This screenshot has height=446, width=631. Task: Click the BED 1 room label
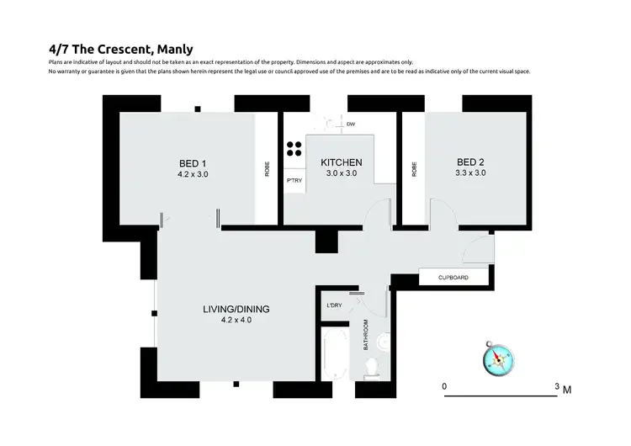(x=192, y=162)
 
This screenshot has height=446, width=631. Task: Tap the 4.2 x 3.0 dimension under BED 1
(x=192, y=174)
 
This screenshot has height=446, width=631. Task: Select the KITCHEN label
(x=341, y=162)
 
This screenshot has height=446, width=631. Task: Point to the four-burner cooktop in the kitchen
(x=294, y=150)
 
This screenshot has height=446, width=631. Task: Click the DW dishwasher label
(x=350, y=125)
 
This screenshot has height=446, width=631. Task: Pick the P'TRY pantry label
(x=294, y=181)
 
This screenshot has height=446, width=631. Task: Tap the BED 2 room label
(x=471, y=162)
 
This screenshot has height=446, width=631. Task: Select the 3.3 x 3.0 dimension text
(x=471, y=173)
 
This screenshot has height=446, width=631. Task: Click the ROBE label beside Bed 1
(x=268, y=168)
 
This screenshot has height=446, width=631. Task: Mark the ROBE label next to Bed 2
(x=414, y=168)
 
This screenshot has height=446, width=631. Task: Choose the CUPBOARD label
(x=454, y=278)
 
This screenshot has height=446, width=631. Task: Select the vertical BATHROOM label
(x=365, y=336)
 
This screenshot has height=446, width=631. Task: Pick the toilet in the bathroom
(x=371, y=365)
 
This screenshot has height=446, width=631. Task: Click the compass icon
(x=496, y=358)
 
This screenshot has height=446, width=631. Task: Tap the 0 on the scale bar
(x=444, y=387)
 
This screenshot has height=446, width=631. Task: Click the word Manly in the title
(x=176, y=49)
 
